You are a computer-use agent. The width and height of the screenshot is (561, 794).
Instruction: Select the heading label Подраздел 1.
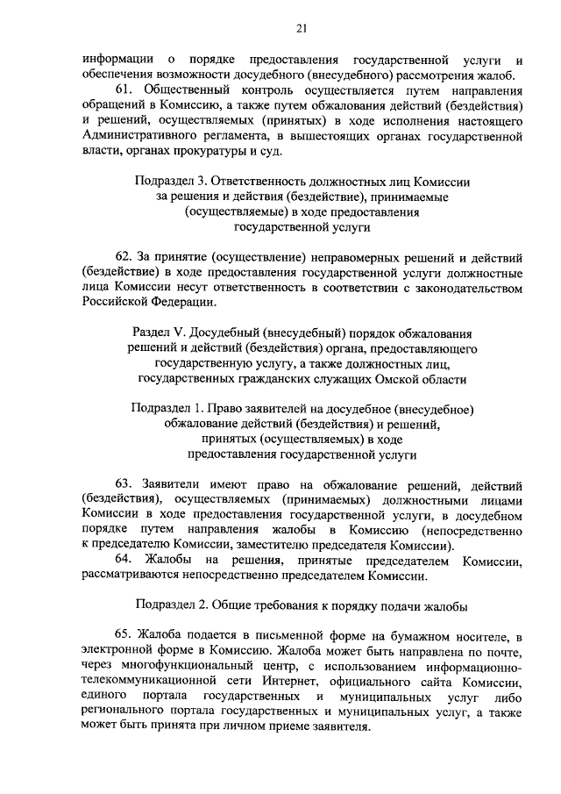(166, 410)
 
